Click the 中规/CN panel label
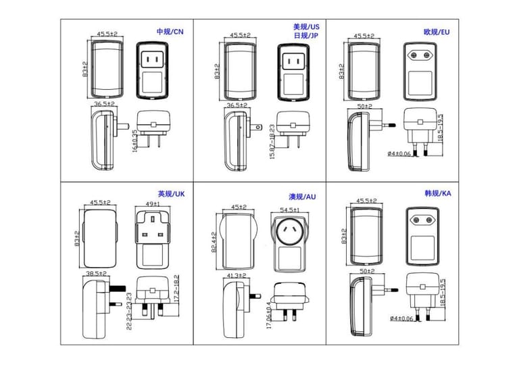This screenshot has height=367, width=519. pyautogui.click(x=170, y=32)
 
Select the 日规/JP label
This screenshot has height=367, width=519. pyautogui.click(x=306, y=36)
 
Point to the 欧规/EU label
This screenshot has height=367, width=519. pyautogui.click(x=437, y=32)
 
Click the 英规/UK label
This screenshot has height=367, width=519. pyautogui.click(x=171, y=194)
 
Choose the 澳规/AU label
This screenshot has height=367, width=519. pyautogui.click(x=302, y=197)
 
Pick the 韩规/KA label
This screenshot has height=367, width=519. pyautogui.click(x=437, y=193)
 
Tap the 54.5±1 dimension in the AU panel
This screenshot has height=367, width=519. pyautogui.click(x=289, y=210)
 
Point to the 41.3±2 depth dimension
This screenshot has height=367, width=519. pyautogui.click(x=236, y=276)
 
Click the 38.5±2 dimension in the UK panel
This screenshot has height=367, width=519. pyautogui.click(x=97, y=274)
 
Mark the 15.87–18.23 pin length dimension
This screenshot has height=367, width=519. pyautogui.click(x=272, y=137)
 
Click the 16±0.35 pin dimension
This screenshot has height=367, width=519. pyautogui.click(x=135, y=139)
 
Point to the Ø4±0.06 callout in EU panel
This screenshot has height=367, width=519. pyautogui.click(x=400, y=154)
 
